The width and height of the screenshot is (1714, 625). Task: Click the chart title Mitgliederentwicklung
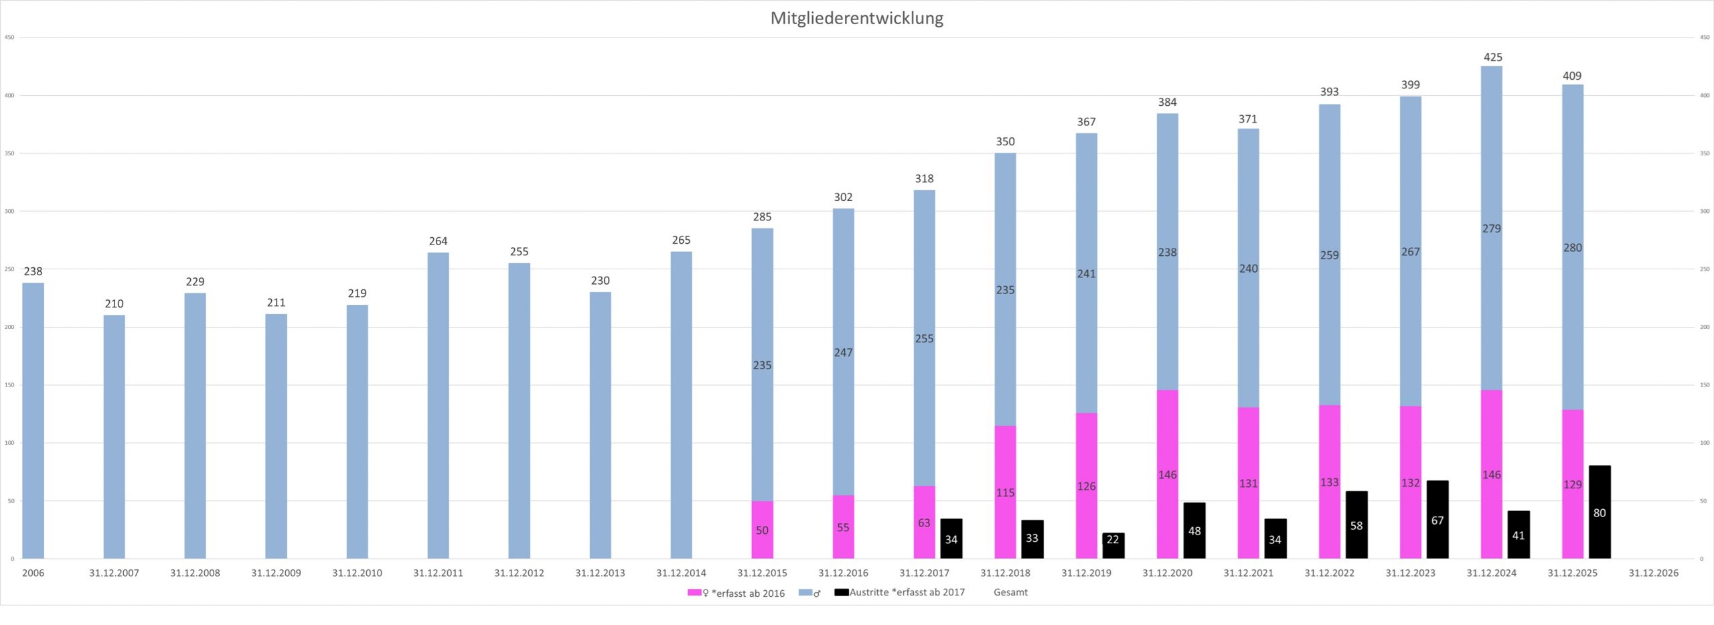coord(856,18)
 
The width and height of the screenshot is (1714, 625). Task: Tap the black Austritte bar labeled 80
coord(1600,512)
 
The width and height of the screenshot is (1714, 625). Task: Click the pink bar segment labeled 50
coord(762,529)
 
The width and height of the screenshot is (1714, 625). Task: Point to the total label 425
coord(1492,58)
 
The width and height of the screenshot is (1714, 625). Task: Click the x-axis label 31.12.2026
coord(1653,573)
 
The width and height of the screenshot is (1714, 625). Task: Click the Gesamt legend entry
coord(1010,592)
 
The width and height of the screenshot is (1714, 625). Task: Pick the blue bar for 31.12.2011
coord(438,405)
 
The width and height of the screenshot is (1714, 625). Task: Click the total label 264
coord(438,241)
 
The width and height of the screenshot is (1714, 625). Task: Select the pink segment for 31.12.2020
coord(1167,474)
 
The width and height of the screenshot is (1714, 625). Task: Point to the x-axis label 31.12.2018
coord(1005,573)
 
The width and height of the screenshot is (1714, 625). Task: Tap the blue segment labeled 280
coord(1572,247)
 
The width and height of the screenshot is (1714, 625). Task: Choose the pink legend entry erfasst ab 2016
coord(736,593)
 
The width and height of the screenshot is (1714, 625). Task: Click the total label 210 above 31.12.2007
coord(114,304)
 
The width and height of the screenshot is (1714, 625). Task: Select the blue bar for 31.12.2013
coord(600,425)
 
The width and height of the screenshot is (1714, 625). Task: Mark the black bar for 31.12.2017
coord(951,539)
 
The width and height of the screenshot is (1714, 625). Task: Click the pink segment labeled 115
coord(1005,492)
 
